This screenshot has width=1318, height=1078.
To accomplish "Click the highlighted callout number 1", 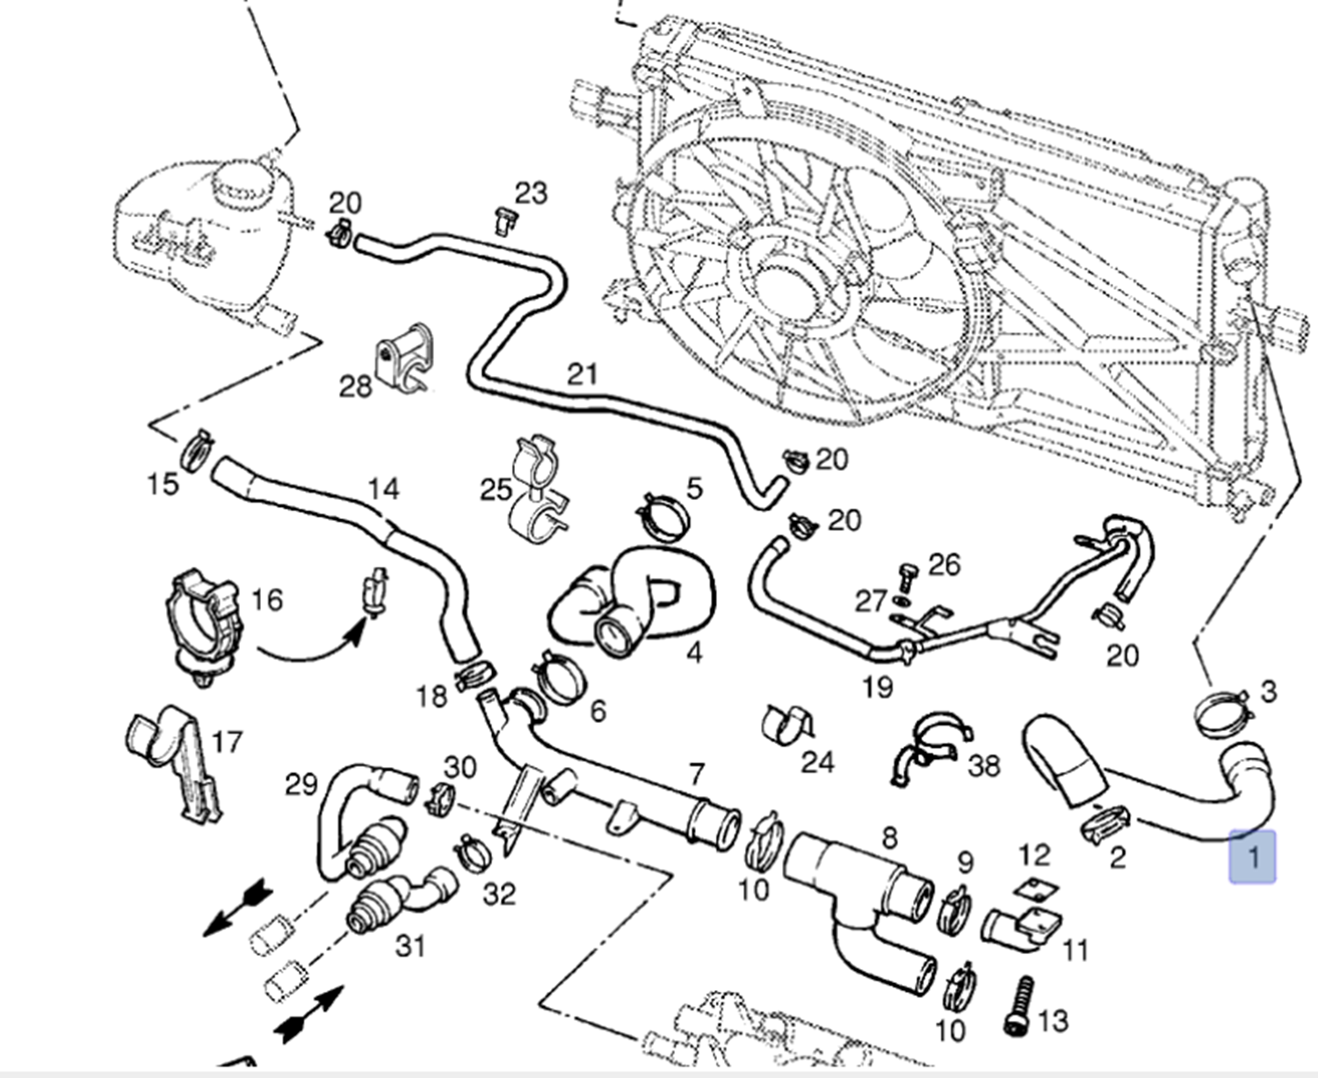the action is tap(1252, 857).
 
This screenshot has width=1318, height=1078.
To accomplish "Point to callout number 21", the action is tap(583, 374).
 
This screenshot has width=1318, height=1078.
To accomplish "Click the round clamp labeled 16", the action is tap(203, 625).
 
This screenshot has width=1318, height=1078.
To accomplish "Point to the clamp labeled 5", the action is tap(663, 517).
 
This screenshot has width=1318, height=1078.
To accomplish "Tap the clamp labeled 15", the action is tap(196, 449).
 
